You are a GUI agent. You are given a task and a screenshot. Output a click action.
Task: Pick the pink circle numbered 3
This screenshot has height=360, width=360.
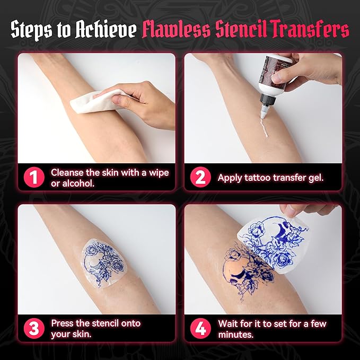(33, 328)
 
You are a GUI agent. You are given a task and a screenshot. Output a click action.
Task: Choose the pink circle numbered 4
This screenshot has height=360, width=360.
(200, 328)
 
